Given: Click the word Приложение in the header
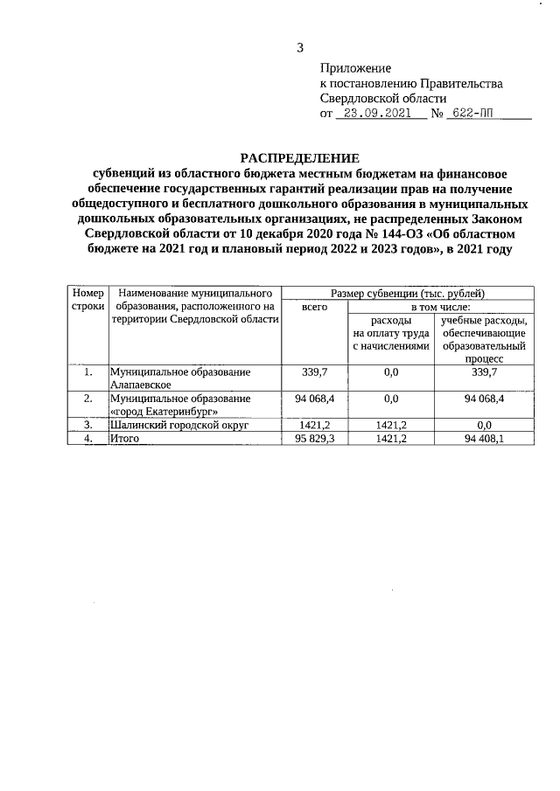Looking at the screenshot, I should pyautogui.click(x=355, y=68).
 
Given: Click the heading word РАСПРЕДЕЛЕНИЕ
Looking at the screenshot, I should pyautogui.click(x=300, y=158).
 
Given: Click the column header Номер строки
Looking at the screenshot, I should pyautogui.click(x=87, y=300).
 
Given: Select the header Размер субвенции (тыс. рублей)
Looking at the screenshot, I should pyautogui.click(x=409, y=294).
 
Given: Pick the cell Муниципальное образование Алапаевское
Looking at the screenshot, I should pyautogui.click(x=180, y=378).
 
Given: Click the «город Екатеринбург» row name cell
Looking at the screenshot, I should pyautogui.click(x=180, y=404).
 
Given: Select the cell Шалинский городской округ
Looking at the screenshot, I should pyautogui.click(x=180, y=425).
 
